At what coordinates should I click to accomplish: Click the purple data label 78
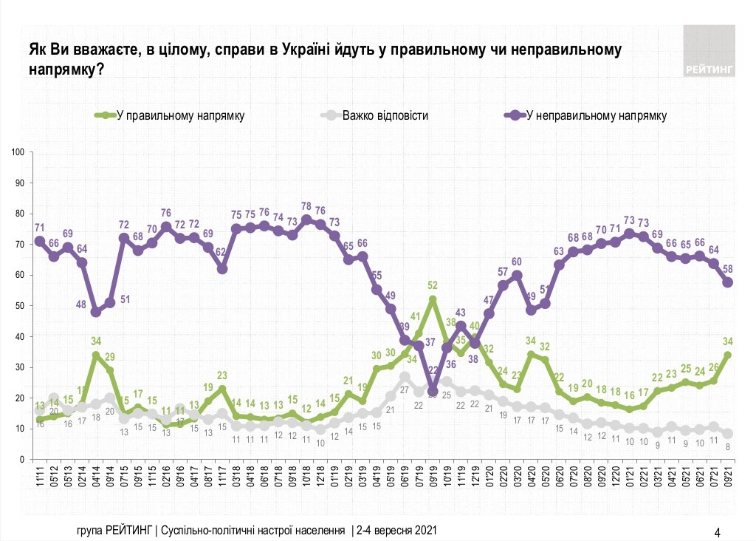tap(306, 206)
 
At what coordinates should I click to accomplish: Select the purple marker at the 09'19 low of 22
tap(433, 392)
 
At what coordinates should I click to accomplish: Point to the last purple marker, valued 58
tap(727, 282)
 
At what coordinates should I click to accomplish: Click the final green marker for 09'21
tap(727, 355)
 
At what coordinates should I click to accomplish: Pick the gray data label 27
tap(405, 389)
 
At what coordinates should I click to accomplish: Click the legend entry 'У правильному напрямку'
tap(180, 115)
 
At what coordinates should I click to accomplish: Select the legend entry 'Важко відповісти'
tap(384, 115)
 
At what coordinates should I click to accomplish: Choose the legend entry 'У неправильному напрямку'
tap(595, 115)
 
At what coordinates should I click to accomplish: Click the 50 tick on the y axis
tap(21, 306)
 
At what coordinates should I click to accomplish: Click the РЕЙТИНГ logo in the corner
tap(709, 50)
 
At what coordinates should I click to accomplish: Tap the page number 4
tap(717, 531)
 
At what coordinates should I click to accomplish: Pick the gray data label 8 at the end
tap(729, 446)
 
